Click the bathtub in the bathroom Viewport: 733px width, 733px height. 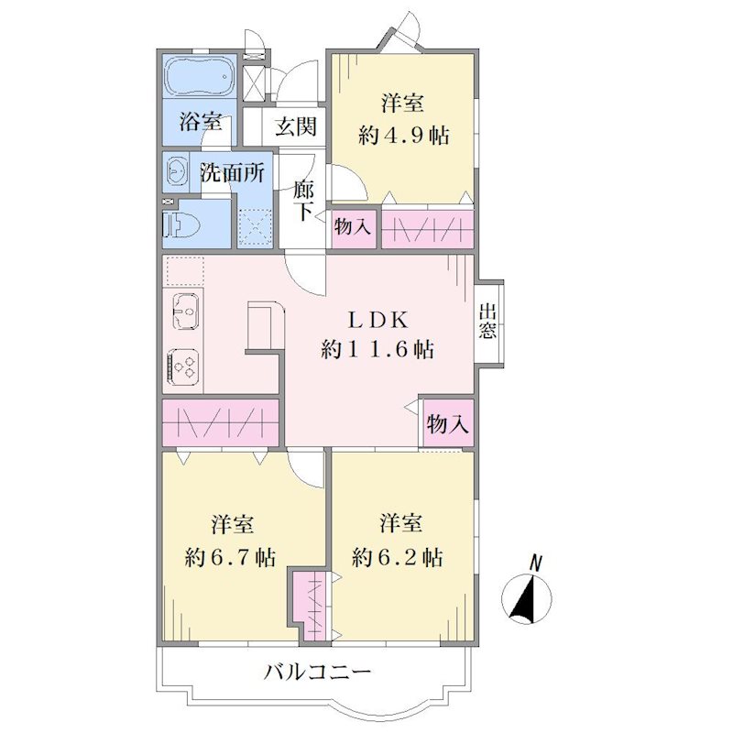(x=200, y=77)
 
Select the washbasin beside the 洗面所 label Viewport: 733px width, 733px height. (x=176, y=173)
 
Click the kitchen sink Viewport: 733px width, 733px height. (x=186, y=312)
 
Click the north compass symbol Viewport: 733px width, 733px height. (x=527, y=594)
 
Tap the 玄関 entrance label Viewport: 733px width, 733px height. (x=295, y=126)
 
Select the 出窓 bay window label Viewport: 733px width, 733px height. (x=487, y=322)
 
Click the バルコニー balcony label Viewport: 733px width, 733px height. (x=317, y=673)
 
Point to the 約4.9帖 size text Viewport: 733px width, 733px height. (x=403, y=136)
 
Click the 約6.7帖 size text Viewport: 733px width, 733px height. (x=230, y=557)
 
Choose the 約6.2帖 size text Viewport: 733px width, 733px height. (x=397, y=557)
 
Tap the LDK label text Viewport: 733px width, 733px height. (x=377, y=320)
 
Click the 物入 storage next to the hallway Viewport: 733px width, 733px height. (x=352, y=227)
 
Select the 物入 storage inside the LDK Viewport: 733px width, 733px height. (x=447, y=424)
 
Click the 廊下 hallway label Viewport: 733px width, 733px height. (x=304, y=200)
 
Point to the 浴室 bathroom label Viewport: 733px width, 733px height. (x=200, y=123)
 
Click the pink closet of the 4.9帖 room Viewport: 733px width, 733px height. (x=428, y=229)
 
